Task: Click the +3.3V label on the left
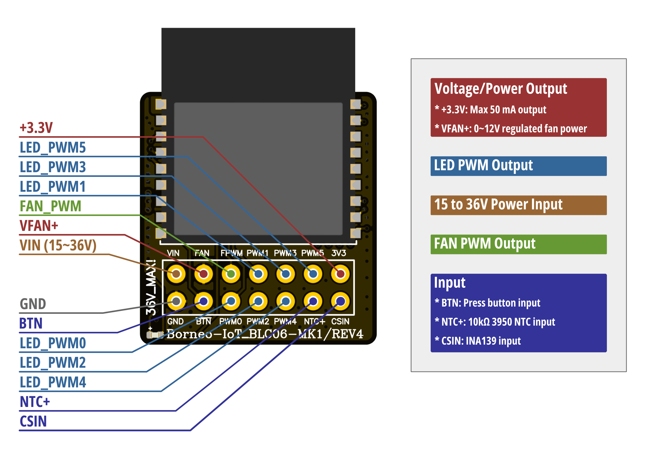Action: [36, 128]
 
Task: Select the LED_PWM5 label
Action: [53, 148]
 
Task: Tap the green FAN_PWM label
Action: [50, 206]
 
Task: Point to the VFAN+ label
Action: [39, 226]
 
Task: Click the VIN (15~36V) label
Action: [58, 245]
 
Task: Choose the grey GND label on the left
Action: [33, 304]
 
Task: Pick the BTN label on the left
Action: [31, 323]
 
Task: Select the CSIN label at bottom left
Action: [33, 421]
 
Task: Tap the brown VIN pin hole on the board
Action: [176, 274]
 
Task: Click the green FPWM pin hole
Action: [231, 274]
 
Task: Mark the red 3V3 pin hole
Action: [340, 274]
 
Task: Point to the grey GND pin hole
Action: [176, 301]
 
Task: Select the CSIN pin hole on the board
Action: [340, 301]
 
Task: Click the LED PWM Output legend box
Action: [518, 166]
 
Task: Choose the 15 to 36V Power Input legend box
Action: [518, 205]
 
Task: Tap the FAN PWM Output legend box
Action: [518, 244]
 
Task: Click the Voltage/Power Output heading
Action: [501, 89]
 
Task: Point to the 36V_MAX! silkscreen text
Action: [151, 287]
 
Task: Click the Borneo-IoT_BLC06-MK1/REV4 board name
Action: [264, 334]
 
